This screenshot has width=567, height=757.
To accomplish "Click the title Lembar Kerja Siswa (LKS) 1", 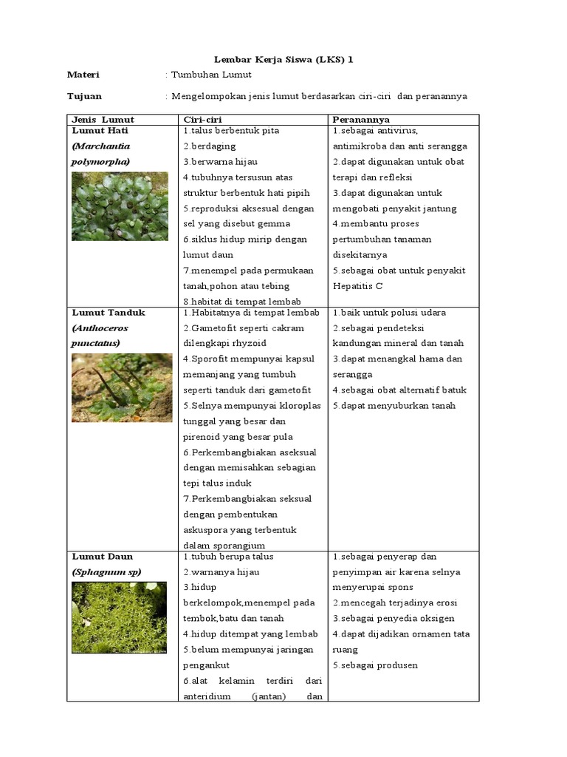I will (x=283, y=59).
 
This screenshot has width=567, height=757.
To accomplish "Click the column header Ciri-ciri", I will (x=202, y=119).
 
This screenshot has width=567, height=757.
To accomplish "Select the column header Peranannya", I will (x=361, y=119).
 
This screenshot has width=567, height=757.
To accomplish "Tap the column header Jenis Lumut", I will (x=103, y=119).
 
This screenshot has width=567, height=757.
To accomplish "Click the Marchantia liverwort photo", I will (x=120, y=206).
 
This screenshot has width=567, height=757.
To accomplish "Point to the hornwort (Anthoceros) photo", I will (x=120, y=387).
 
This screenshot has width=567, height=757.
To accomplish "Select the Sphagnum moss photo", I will (x=120, y=617).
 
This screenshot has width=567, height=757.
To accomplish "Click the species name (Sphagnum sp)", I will (x=106, y=571).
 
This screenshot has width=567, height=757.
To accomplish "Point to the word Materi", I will (x=83, y=75).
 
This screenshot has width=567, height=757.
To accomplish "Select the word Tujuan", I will (x=85, y=96).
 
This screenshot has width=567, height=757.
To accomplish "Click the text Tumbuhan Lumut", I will (x=211, y=75).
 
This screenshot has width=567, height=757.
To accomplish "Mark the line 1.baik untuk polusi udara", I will (x=389, y=313).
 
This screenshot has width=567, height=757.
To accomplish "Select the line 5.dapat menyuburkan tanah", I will (x=394, y=406).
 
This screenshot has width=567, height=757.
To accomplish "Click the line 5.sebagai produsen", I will (x=375, y=665).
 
